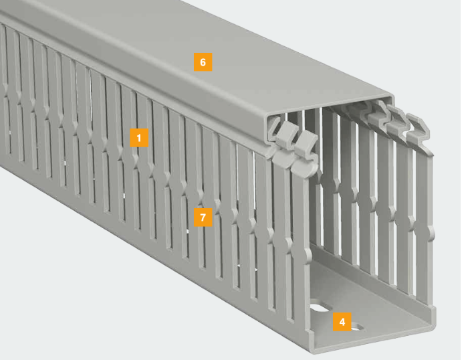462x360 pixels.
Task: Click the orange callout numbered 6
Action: pos(203,62)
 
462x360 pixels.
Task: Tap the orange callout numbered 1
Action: pos(139,137)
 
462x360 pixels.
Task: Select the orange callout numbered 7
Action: pos(203,217)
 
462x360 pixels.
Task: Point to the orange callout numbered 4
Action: pos(342,322)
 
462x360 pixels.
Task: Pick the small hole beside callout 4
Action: pos(357,327)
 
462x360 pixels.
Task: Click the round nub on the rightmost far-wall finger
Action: pos(432,233)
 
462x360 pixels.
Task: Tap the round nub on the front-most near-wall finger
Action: pos(307,254)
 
